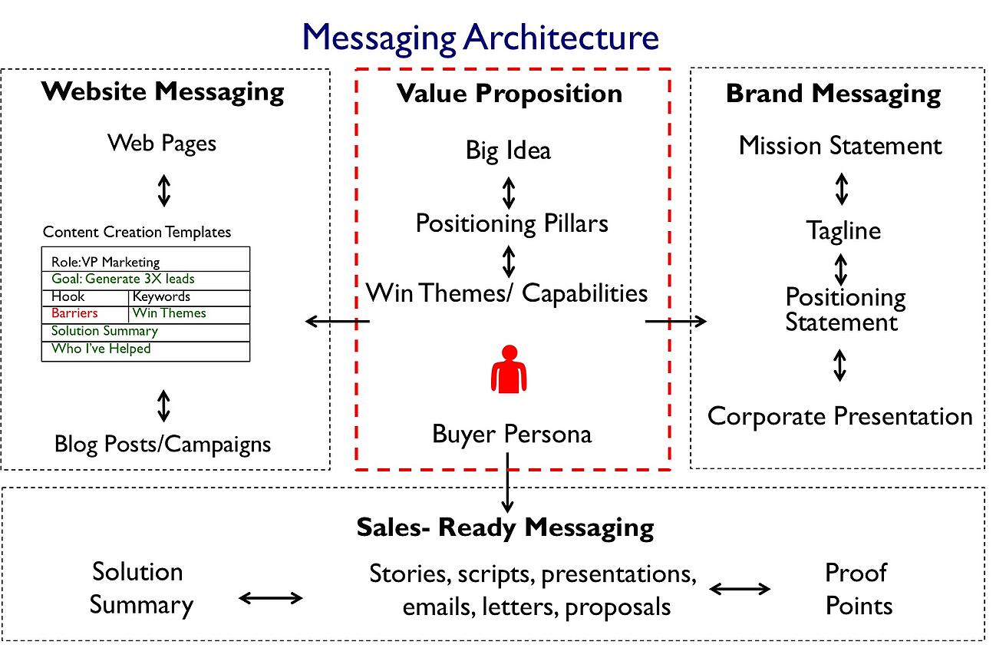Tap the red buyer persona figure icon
pos(508,369)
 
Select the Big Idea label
pos(508,150)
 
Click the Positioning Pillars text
pos(512,223)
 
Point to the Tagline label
pos(843,230)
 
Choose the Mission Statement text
pos(840,146)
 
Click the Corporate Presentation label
pos(839,416)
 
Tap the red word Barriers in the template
pos(74,313)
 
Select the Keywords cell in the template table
pos(161,296)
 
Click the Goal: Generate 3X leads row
pos(123,279)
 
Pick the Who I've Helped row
pos(101,349)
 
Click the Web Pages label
pos(162,143)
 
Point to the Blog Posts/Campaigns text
pos(163,443)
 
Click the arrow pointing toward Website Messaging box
pos(338,321)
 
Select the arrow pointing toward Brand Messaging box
pos(675,322)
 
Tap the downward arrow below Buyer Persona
pos(507,484)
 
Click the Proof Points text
pos(858,589)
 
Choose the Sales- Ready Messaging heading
pos(505,527)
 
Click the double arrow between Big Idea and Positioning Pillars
pos(508,193)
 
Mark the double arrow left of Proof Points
pos(740,589)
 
